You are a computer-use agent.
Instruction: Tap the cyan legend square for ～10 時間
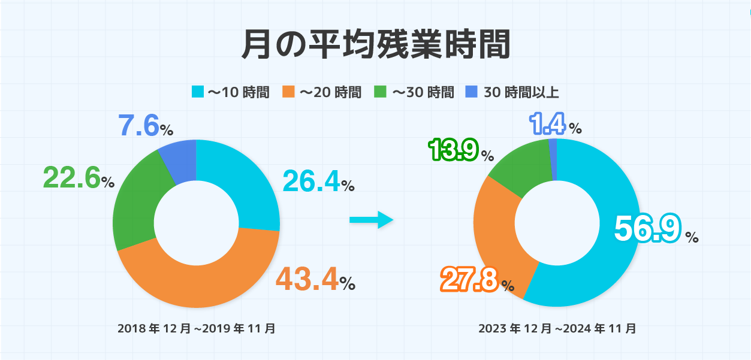coord(197,92)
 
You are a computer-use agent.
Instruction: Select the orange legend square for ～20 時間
coord(289,92)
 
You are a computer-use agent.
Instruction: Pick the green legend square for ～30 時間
coord(381,92)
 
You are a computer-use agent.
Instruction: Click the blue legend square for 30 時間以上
coord(472,92)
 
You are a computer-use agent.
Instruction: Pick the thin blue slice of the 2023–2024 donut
coord(553,159)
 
